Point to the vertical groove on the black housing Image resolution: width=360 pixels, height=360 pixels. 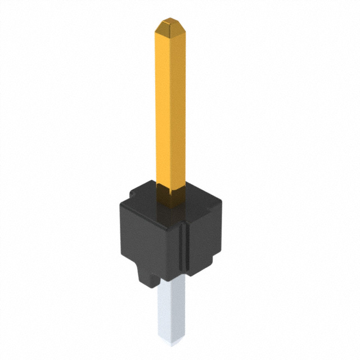click(183, 247)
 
